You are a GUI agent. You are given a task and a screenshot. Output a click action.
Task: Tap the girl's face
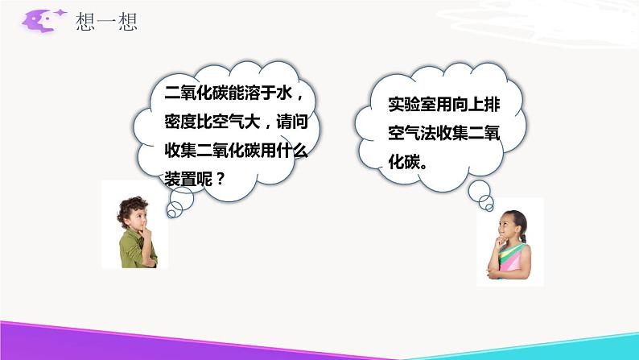(513, 226)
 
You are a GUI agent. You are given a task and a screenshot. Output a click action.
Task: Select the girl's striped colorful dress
(513, 259)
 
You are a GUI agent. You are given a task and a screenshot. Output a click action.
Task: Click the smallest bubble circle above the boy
(172, 213)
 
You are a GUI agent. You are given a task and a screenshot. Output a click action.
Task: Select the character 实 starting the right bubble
(395, 105)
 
